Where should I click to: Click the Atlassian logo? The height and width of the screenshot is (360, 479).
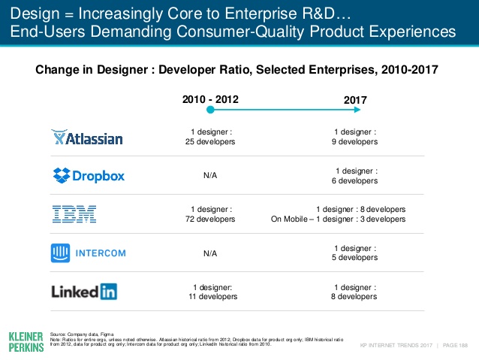pos(86,138)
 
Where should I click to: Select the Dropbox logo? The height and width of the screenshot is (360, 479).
pos(89,176)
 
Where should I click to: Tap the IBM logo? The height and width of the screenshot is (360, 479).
pos(74,214)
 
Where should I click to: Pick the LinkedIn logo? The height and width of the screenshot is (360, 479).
pos(84,291)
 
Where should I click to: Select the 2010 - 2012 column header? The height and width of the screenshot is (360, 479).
pos(211,99)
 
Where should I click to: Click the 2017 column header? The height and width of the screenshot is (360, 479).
pos(356,99)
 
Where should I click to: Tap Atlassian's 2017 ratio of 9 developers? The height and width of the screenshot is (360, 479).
pos(355,137)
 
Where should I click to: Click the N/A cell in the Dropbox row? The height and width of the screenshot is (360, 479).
pos(210,176)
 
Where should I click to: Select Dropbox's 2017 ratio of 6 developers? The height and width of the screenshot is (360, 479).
pos(356,176)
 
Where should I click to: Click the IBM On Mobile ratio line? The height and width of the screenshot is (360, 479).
pos(338,219)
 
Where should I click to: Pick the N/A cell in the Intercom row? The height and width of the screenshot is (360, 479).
pos(210,253)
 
